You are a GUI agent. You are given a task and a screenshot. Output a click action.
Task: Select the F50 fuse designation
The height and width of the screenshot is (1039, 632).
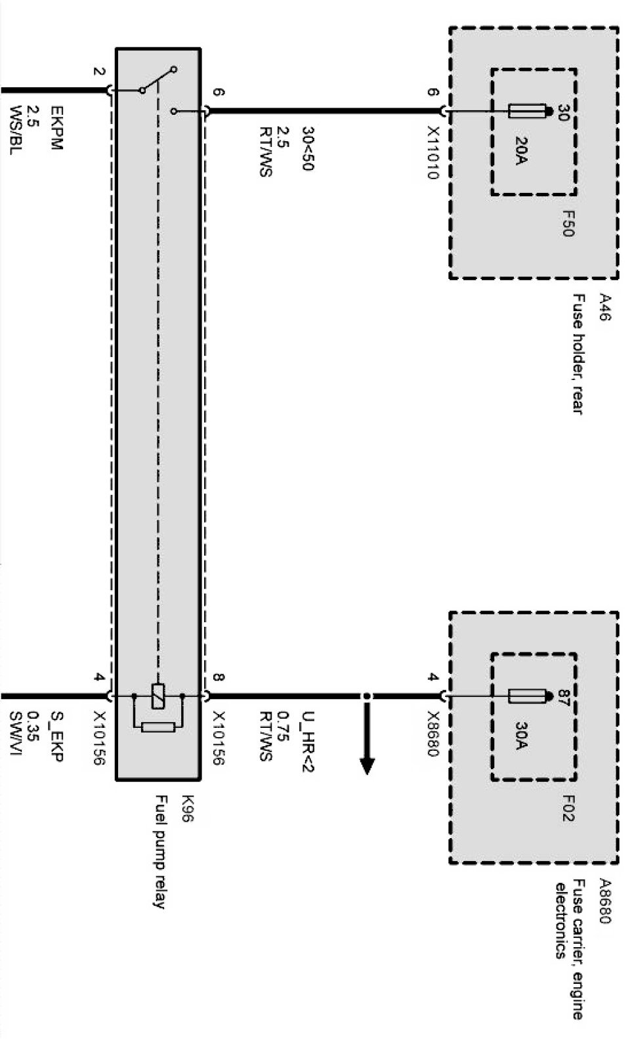click(x=568, y=224)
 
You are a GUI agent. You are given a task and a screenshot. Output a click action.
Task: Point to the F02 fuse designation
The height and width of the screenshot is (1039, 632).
click(x=568, y=808)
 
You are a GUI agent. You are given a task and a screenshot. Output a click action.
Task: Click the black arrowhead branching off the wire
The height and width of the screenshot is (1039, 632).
click(x=367, y=765)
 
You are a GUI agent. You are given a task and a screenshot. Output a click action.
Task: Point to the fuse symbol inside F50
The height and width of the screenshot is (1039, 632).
click(x=526, y=112)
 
